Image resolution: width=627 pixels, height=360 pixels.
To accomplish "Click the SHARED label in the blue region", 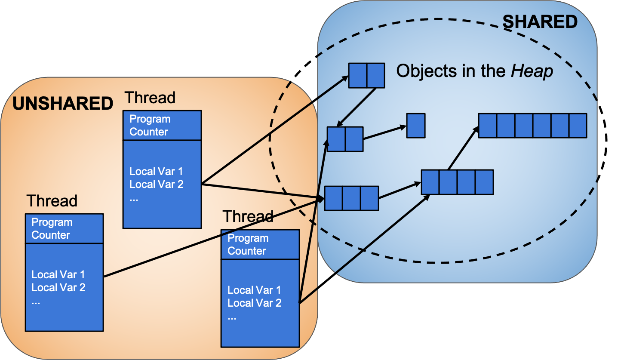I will click(x=540, y=22).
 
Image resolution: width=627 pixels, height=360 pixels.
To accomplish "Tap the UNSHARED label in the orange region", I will click(x=63, y=104).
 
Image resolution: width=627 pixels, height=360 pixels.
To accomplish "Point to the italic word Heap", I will click(x=532, y=71).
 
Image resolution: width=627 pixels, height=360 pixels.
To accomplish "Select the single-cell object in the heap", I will click(x=416, y=126).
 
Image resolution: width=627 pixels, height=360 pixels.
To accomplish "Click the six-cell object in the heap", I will click(x=532, y=126).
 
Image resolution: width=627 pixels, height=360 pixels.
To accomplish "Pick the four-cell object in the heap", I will click(x=457, y=182).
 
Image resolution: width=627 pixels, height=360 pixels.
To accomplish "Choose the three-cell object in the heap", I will click(x=351, y=198).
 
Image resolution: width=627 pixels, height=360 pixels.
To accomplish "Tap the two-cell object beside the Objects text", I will click(x=366, y=76).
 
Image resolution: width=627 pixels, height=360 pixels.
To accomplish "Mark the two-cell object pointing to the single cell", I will click(x=345, y=139).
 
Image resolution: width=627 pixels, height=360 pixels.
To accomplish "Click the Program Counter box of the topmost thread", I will click(x=162, y=125).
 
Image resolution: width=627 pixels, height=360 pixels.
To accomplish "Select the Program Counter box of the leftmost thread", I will click(x=64, y=228).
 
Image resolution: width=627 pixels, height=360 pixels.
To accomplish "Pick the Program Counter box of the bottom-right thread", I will click(x=260, y=244).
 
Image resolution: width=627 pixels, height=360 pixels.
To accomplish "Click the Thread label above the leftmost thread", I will click(x=52, y=201).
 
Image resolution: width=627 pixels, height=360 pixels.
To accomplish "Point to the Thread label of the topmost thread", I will click(x=150, y=98).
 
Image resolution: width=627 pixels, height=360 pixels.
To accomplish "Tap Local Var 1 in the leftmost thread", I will click(x=58, y=274).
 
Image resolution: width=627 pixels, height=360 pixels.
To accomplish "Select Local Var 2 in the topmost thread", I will click(x=157, y=184).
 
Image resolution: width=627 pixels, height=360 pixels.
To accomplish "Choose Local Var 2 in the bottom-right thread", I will click(x=255, y=303).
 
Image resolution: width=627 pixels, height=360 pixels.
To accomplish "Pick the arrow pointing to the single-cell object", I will click(x=385, y=132).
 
